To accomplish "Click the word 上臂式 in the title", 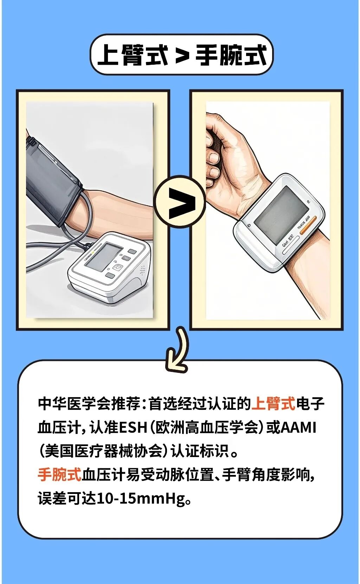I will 133,55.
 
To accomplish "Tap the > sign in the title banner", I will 182,56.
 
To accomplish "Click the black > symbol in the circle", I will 181,203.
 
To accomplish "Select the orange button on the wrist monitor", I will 308,225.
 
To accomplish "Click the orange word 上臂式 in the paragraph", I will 274,404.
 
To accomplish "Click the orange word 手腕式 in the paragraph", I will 59,475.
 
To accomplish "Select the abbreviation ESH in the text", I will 133,427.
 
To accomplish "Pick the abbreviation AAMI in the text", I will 299,427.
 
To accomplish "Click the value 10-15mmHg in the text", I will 141,499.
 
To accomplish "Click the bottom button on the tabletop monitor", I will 110,275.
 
